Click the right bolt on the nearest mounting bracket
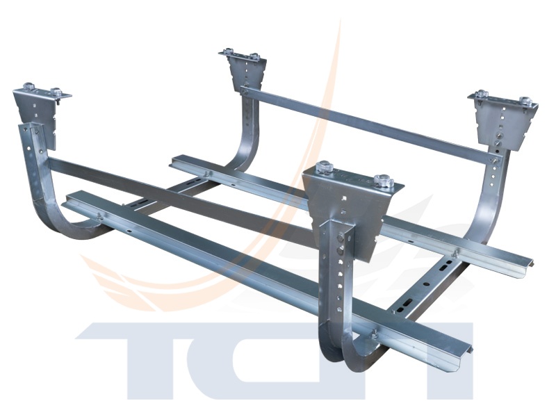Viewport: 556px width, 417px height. pyautogui.click(x=382, y=179)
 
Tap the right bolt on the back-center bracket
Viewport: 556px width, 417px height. pyautogui.click(x=254, y=56)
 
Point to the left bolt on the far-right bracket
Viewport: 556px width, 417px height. pyautogui.click(x=482, y=94)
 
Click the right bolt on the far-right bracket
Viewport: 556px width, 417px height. pyautogui.click(x=525, y=101)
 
